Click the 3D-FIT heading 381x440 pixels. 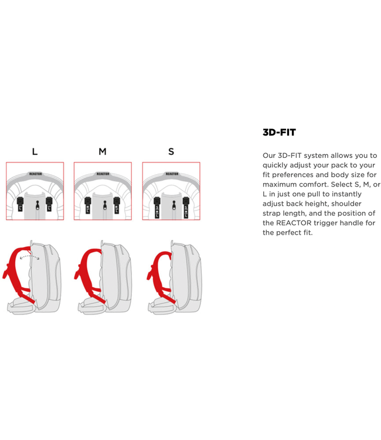point(279,133)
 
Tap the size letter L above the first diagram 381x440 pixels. point(35,151)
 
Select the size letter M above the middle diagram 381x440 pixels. point(103,151)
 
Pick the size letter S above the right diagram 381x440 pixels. point(171,151)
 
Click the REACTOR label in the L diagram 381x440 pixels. point(35,174)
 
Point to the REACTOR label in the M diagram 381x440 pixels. point(103,174)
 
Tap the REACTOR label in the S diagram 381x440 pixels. point(172,174)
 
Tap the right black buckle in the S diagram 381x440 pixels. point(186,207)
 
